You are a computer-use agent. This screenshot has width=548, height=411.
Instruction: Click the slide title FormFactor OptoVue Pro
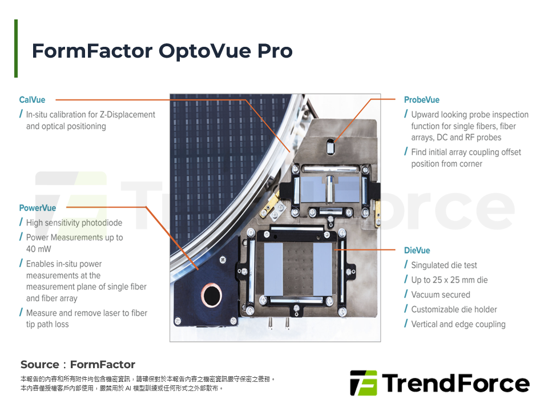pyautogui.click(x=162, y=51)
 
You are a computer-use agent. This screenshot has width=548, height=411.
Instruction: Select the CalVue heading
pyautogui.click(x=32, y=100)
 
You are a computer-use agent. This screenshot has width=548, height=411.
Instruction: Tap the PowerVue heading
pyautogui.click(x=38, y=208)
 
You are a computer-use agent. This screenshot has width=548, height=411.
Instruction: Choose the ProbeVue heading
pyautogui.click(x=422, y=100)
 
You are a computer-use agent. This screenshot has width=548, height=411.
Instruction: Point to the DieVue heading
pyautogui.click(x=417, y=251)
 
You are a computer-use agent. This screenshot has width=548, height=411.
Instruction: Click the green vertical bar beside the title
pyautogui.click(x=16, y=49)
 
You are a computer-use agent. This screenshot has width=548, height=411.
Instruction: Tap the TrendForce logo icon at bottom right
pyautogui.click(x=363, y=383)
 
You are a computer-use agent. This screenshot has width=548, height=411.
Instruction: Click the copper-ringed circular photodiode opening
pyautogui.click(x=212, y=295)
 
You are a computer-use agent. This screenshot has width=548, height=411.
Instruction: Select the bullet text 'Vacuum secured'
pyautogui.click(x=441, y=295)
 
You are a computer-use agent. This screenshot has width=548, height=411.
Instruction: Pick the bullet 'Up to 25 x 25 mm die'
pyautogui.click(x=449, y=280)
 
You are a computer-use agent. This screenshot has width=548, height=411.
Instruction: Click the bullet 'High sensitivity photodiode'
pyautogui.click(x=74, y=223)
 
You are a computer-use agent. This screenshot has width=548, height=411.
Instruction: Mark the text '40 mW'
pyautogui.click(x=38, y=249)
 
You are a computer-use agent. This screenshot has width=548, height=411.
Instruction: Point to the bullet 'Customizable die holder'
pyautogui.click(x=454, y=309)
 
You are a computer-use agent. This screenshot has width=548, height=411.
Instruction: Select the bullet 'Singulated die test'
pyautogui.click(x=444, y=265)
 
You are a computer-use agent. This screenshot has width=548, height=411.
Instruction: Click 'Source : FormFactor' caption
pyautogui.click(x=78, y=364)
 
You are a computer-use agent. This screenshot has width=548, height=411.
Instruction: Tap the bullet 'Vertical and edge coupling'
pyautogui.click(x=458, y=324)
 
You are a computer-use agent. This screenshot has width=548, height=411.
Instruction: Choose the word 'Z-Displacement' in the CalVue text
pyautogui.click(x=127, y=115)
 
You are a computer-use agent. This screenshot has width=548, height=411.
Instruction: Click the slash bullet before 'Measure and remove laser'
pyautogui.click(x=22, y=313)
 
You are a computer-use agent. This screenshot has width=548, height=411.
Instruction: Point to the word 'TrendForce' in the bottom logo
pyautogui.click(x=456, y=383)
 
